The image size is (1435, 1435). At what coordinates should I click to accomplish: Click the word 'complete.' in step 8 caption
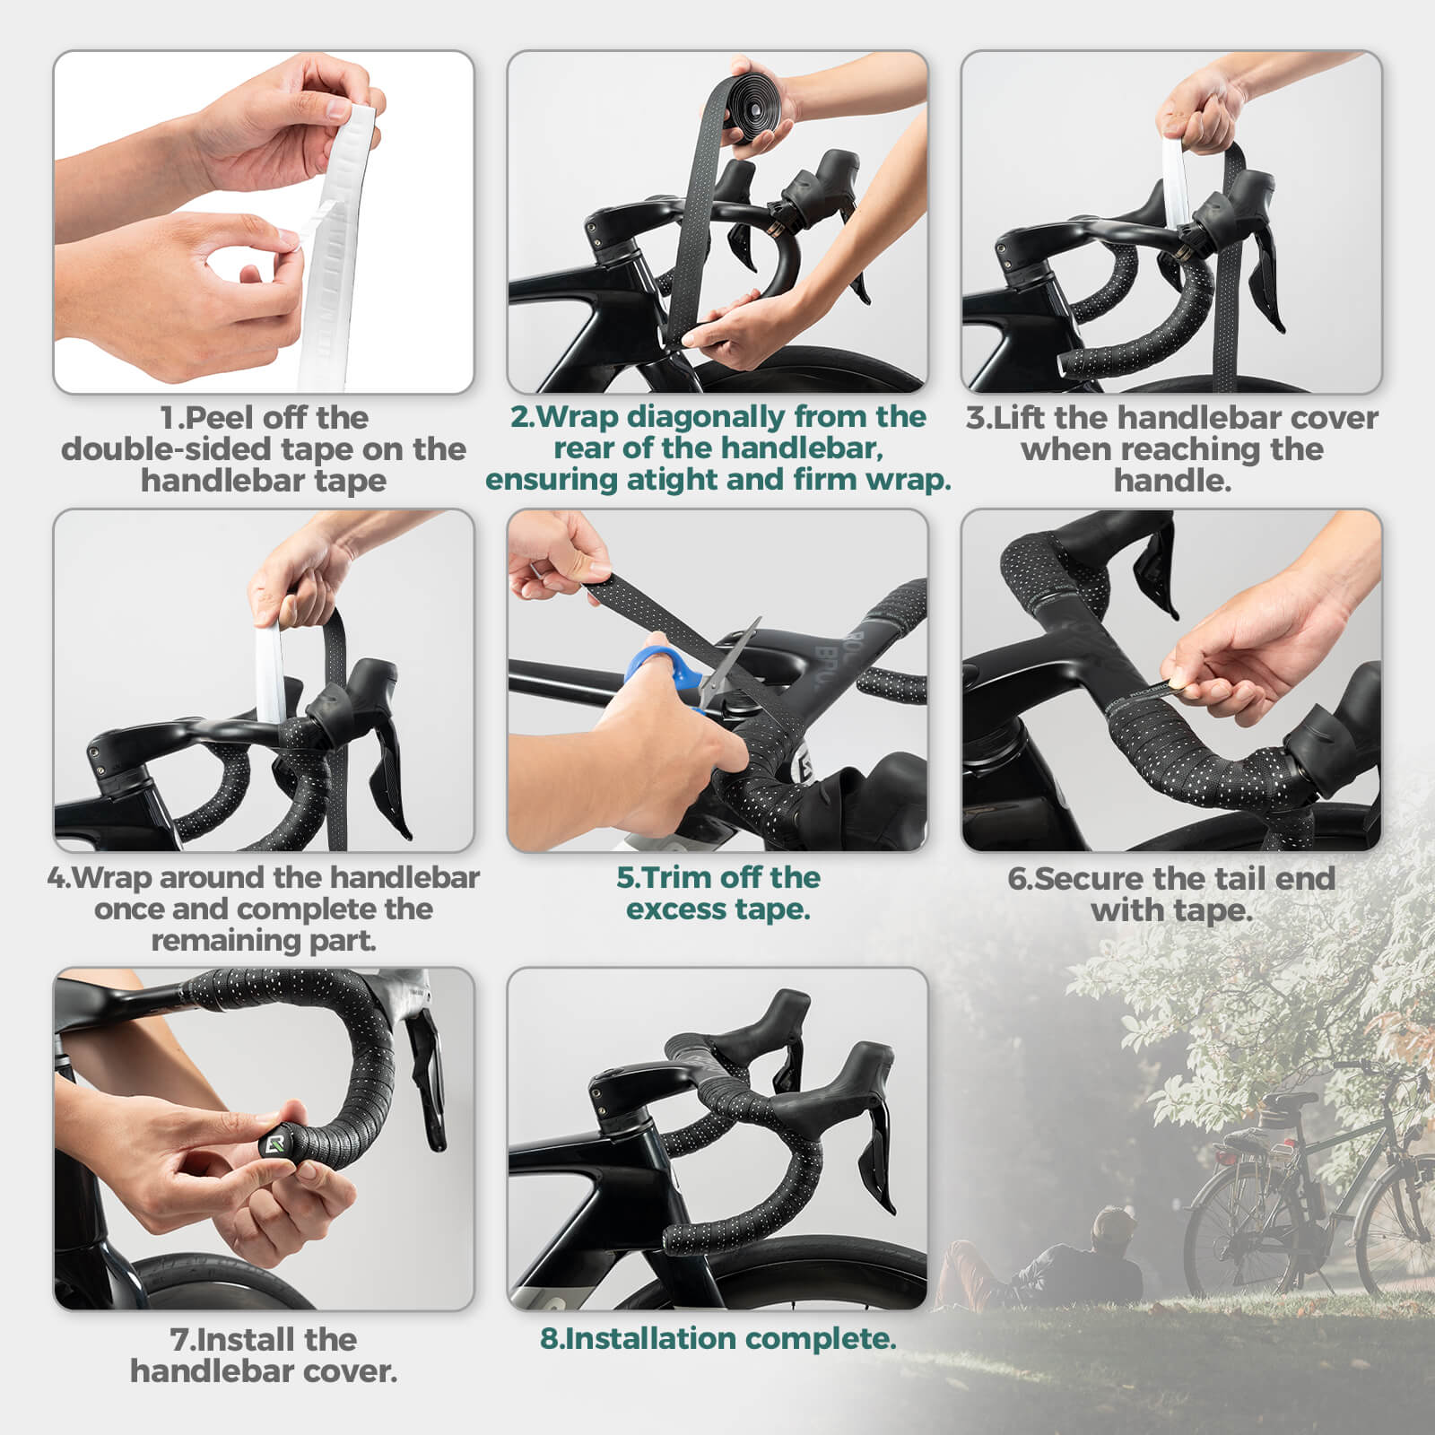[x=820, y=1338]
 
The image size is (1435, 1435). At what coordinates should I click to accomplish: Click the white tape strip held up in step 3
[x=1176, y=179]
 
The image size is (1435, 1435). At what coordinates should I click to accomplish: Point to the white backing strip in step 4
[x=268, y=673]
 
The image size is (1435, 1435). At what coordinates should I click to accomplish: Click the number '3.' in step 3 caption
[x=978, y=417]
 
